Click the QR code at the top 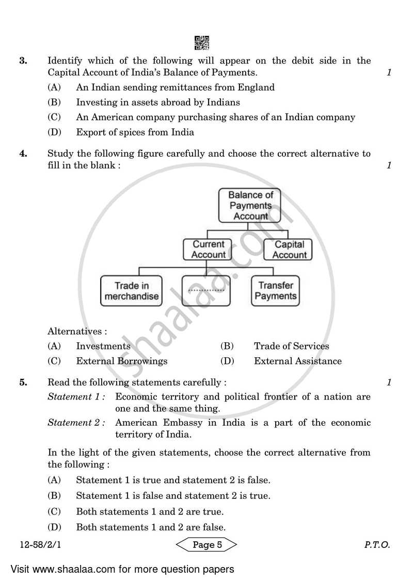click(202, 42)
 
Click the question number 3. click(23, 61)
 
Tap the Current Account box click(208, 249)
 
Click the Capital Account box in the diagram click(290, 249)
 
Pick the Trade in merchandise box click(131, 291)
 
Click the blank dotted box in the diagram click(206, 291)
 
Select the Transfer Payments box click(276, 291)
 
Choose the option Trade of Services click(291, 346)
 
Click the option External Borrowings click(121, 361)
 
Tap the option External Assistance click(297, 361)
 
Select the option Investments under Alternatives click(103, 346)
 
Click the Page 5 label click(206, 544)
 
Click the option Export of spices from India click(135, 132)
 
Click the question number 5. click(23, 382)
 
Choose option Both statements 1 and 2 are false click(150, 527)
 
